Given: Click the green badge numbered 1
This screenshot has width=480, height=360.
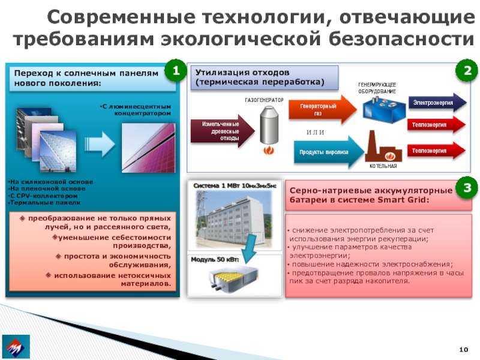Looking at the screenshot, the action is click(x=175, y=71).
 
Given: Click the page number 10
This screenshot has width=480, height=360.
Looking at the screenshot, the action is click(x=463, y=350).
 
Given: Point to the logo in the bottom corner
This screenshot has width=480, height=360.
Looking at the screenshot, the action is click(x=17, y=348).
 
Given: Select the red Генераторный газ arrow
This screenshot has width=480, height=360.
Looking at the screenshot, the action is click(x=325, y=109).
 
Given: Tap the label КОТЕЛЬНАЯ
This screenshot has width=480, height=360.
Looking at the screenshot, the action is click(x=383, y=165).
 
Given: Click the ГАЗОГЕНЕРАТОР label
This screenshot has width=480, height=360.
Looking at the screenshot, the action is click(x=263, y=99).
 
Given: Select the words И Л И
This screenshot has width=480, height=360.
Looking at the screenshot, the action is click(x=316, y=132).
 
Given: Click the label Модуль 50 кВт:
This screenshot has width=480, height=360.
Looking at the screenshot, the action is click(x=214, y=260).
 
